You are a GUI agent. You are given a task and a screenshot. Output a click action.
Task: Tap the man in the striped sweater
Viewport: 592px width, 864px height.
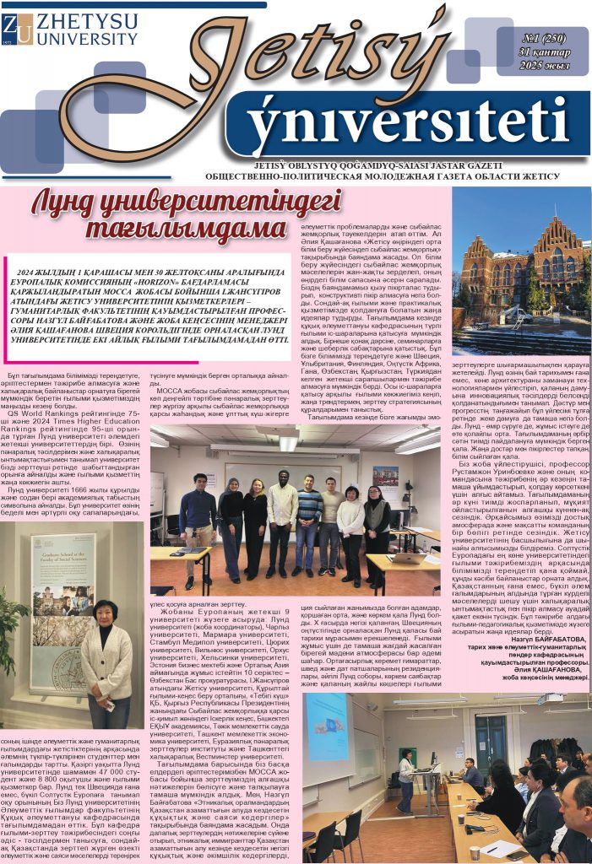309,527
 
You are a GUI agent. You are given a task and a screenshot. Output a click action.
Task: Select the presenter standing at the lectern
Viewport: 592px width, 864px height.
406,775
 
